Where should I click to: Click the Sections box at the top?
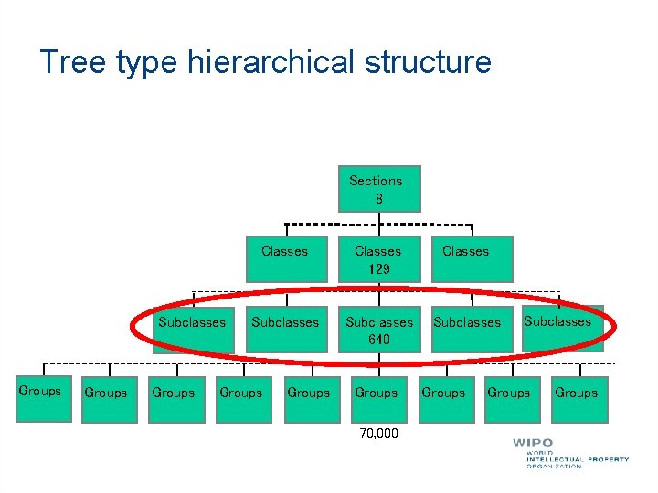(375, 189)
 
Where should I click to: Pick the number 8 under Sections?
(377, 199)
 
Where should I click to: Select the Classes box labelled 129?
(377, 259)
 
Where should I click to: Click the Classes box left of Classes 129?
(285, 258)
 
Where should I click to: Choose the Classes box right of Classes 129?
(466, 258)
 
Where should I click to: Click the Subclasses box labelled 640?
(378, 330)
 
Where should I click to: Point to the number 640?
(378, 340)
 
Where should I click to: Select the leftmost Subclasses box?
(191, 330)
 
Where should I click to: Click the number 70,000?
(379, 434)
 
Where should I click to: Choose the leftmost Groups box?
(40, 398)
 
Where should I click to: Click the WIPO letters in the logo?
(533, 444)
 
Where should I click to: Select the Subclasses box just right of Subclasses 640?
(467, 330)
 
